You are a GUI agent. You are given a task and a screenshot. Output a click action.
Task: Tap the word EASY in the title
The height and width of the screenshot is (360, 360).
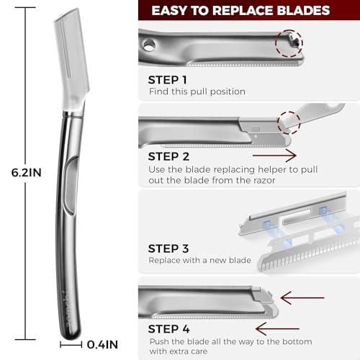[x=173, y=11]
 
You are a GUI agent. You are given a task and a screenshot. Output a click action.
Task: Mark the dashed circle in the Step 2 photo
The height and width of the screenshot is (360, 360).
[x=289, y=120]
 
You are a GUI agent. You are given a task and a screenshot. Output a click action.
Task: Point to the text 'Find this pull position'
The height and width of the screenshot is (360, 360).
[x=196, y=91]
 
